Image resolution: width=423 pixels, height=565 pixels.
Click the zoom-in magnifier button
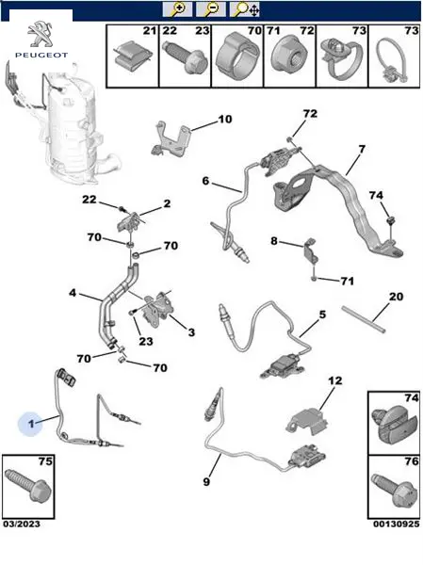pos(177,9)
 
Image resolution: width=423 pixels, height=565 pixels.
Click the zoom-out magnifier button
pos(211,9)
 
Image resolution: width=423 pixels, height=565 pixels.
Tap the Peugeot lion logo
pos(41,35)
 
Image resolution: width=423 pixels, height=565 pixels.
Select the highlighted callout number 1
pos(31,424)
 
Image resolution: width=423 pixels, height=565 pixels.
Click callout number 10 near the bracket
pos(225,119)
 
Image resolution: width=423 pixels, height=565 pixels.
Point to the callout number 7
pos(362,149)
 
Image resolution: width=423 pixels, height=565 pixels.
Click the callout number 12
pos(335,380)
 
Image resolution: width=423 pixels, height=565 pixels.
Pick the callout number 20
pos(396,297)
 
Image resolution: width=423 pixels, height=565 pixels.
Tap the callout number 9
pos(206,481)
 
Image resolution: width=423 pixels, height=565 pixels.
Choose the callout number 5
pos(322,315)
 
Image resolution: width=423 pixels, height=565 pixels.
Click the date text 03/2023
pos(22,525)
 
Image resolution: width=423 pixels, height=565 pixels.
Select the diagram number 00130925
pos(397,525)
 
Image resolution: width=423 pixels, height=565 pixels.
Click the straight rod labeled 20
pos(364,319)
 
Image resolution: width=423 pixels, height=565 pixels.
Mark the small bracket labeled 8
pos(311,250)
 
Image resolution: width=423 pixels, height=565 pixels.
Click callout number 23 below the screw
pos(146,341)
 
